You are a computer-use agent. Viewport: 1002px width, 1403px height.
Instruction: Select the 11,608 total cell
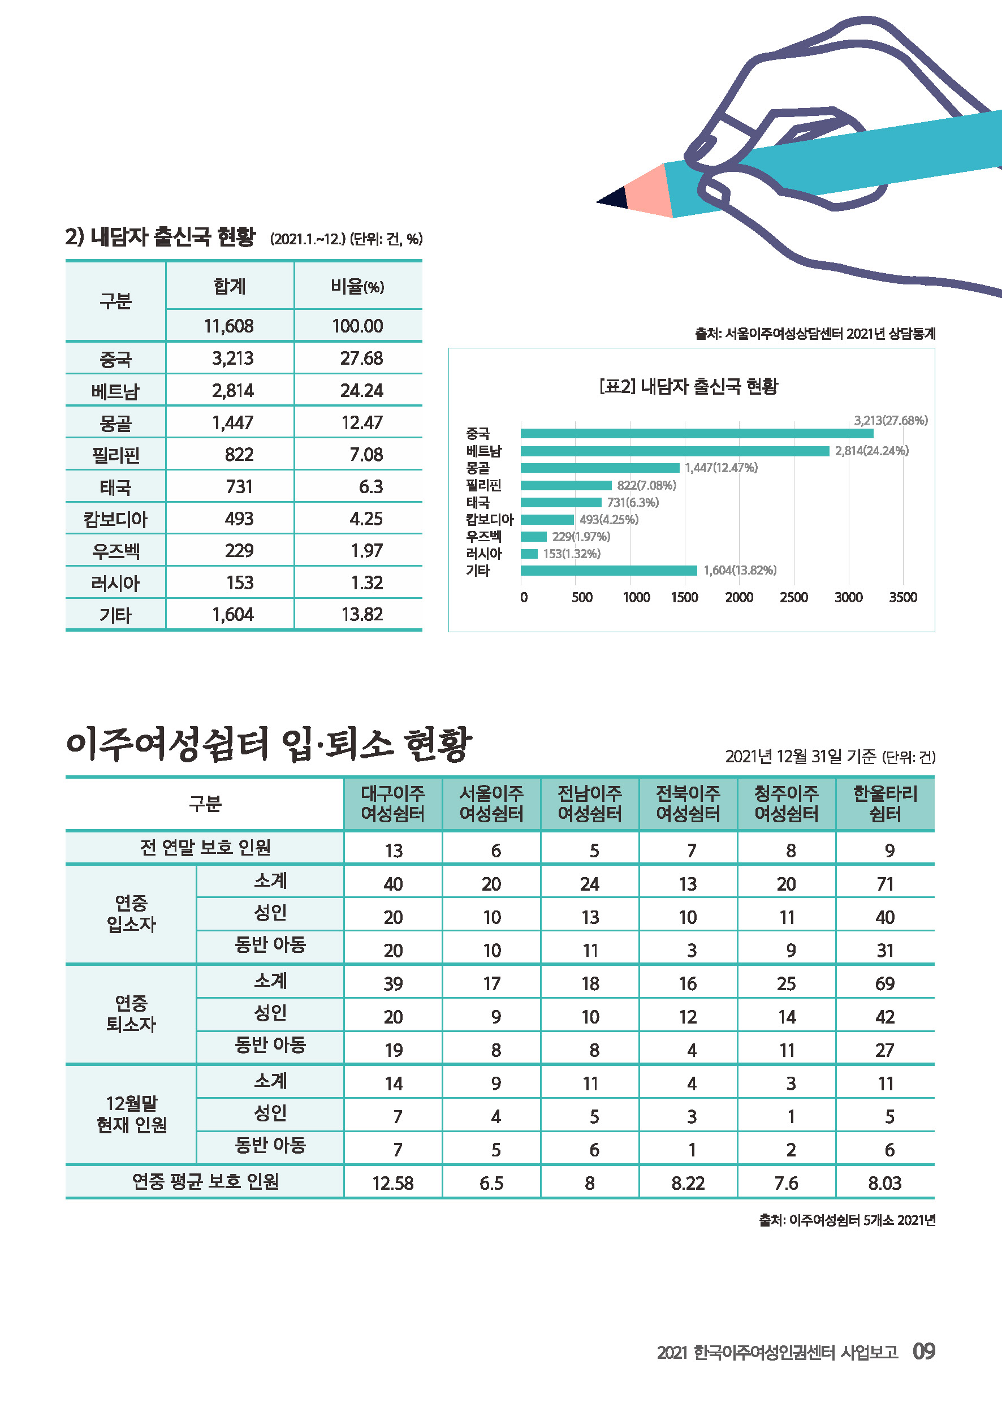(229, 326)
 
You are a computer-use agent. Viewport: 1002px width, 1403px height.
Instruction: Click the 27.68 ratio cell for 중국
(361, 358)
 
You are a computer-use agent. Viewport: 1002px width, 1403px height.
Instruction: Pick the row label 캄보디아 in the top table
(115, 519)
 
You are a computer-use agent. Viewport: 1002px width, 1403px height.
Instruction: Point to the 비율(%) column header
(357, 286)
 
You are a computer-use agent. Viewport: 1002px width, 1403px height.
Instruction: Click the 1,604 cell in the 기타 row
(232, 615)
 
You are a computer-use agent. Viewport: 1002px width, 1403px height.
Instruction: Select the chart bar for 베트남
(675, 451)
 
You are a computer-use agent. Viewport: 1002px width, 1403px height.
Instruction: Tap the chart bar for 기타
(608, 570)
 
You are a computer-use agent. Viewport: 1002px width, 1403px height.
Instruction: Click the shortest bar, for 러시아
(529, 554)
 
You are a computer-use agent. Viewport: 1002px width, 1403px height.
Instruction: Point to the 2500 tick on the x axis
(793, 597)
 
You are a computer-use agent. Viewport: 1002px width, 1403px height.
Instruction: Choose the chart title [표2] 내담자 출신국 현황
(688, 386)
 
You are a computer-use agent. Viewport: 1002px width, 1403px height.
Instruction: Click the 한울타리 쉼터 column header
(885, 804)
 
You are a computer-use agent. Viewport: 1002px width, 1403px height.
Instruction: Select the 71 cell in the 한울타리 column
(885, 884)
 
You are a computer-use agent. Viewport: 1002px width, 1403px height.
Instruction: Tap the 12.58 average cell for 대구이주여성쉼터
(393, 1183)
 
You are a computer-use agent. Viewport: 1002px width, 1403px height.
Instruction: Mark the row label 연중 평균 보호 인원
(205, 1181)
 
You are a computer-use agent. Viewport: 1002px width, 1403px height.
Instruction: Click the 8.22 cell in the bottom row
(688, 1183)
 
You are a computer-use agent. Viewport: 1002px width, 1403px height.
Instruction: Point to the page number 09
(923, 1350)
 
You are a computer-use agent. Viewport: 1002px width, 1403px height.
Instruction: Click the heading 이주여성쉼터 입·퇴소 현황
(269, 744)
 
